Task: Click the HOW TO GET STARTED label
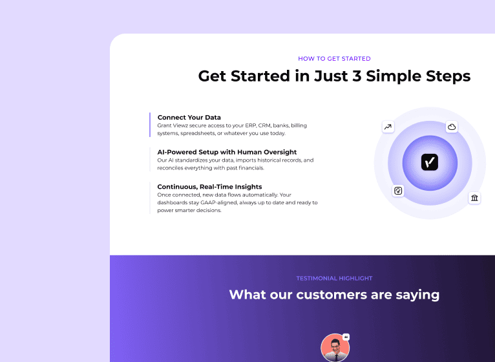(334, 59)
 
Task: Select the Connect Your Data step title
(189, 118)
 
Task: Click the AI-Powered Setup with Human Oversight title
(222, 153)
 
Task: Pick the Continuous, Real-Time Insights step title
(209, 187)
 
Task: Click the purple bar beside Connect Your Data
(150, 125)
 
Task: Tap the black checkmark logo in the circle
(430, 162)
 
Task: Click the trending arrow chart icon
(388, 127)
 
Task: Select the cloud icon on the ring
(452, 127)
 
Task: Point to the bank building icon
(475, 197)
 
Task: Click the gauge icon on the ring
(398, 191)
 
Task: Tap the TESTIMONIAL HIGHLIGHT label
(334, 279)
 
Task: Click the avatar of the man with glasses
(334, 348)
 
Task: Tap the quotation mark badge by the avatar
(346, 337)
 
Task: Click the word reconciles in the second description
(172, 167)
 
